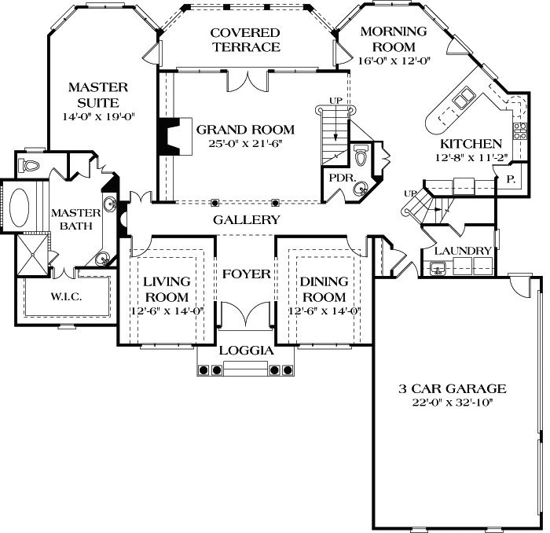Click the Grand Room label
click(245, 130)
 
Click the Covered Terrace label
click(244, 39)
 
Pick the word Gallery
click(246, 220)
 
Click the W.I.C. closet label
click(66, 297)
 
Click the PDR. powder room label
click(339, 178)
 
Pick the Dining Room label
click(324, 289)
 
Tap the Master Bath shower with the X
click(34, 255)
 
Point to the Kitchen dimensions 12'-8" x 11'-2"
click(471, 156)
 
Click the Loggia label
click(245, 350)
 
